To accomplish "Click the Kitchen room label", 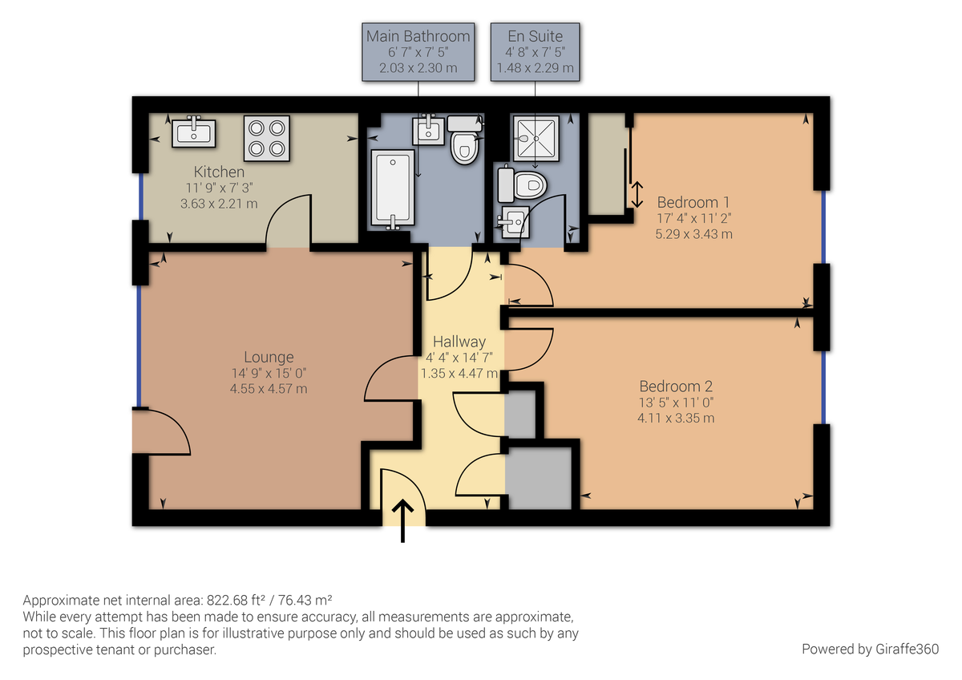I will (x=219, y=172).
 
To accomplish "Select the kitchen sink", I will (x=194, y=132).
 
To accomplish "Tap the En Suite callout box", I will (x=535, y=51).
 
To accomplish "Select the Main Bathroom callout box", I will (x=418, y=51).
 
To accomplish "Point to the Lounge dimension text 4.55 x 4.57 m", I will (x=269, y=389).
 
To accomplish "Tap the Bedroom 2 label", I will (x=676, y=386).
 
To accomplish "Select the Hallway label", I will (x=459, y=342).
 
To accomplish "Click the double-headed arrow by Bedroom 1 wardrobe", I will (x=638, y=194).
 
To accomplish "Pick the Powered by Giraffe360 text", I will (x=870, y=649).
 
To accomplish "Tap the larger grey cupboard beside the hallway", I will (x=538, y=478).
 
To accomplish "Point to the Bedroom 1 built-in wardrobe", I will (x=607, y=164).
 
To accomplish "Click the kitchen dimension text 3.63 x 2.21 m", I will (x=218, y=204).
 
